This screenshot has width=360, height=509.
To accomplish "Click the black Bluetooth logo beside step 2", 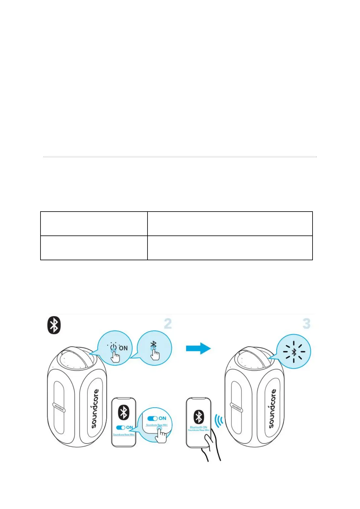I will tap(54, 325).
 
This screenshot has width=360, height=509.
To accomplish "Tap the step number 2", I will tap(168, 324).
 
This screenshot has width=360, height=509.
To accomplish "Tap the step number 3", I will tap(306, 323).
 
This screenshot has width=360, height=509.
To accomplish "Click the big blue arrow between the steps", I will tap(198, 348).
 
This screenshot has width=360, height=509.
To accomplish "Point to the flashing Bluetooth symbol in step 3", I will tap(294, 352).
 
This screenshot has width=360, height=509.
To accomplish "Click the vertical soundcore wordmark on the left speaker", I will tap(95, 408).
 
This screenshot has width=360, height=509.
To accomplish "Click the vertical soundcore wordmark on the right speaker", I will tap(272, 408).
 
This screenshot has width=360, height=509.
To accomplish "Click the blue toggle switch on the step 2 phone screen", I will tap(121, 427).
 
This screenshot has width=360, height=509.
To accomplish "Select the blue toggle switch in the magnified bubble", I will tap(152, 418).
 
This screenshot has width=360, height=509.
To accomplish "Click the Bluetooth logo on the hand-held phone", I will tap(198, 417).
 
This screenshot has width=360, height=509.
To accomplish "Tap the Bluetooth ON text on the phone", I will tap(198, 427).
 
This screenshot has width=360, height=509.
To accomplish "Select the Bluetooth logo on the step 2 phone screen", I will tap(123, 412).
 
